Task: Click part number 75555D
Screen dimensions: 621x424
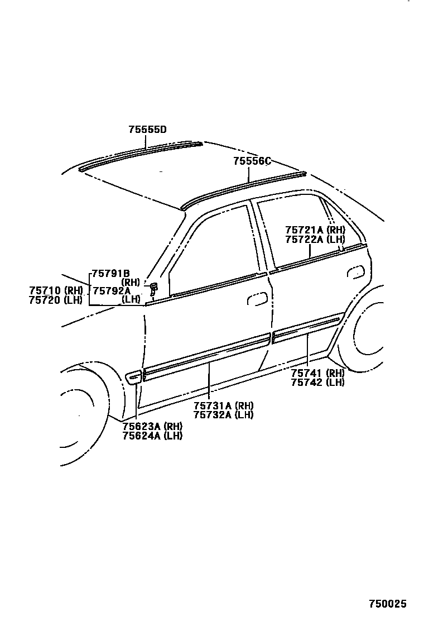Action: [x=148, y=130]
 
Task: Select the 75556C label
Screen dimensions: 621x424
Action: [x=252, y=161]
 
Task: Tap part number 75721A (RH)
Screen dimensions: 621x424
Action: [x=315, y=230]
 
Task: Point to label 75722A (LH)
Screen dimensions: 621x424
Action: [x=315, y=239]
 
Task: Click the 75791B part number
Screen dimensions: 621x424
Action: [x=110, y=273]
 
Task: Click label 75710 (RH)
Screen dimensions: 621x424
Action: [x=56, y=290]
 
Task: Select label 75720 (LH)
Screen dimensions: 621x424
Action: [x=56, y=300]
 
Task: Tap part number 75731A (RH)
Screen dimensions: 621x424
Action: [x=223, y=405]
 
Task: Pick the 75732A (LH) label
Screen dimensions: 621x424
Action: [x=223, y=415]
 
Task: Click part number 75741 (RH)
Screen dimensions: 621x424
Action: [x=317, y=373]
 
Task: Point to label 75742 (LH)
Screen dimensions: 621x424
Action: [x=317, y=383]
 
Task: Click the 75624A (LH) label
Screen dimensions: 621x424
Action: [x=152, y=436]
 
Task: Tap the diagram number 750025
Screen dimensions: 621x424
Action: [x=387, y=604]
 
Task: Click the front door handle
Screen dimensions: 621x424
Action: [x=257, y=298]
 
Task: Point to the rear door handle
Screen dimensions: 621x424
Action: [x=354, y=272]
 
